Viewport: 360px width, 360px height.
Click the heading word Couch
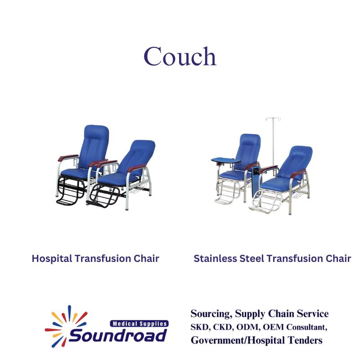(x=180, y=56)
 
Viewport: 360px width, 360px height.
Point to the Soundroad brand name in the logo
(x=117, y=335)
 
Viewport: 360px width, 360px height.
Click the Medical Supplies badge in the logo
(x=139, y=324)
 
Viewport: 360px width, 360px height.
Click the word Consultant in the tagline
(x=306, y=327)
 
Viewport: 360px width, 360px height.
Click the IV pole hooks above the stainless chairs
(x=273, y=119)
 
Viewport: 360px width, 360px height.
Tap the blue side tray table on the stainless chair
(x=226, y=160)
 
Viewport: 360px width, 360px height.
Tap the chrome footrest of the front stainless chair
(x=266, y=202)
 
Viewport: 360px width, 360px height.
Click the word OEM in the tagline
(x=273, y=327)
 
